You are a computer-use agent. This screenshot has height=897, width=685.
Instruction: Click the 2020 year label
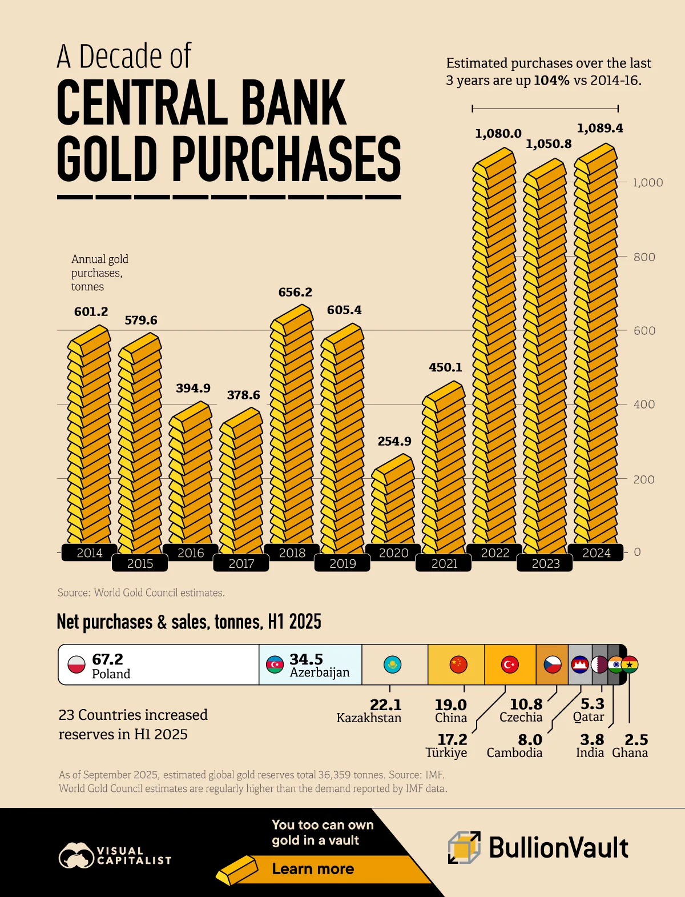click(x=393, y=552)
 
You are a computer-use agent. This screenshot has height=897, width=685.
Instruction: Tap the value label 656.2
click(x=295, y=292)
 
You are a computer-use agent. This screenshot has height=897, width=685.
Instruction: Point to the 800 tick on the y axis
click(x=644, y=257)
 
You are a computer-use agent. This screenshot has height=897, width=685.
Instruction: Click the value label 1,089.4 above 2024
click(x=599, y=128)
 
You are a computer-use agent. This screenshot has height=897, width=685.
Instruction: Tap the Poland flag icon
click(x=76, y=664)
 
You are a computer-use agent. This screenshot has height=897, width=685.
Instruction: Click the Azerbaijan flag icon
click(x=275, y=664)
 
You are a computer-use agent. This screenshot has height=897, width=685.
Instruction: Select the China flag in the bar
click(x=458, y=664)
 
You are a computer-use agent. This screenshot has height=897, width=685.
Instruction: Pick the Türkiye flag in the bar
click(x=509, y=664)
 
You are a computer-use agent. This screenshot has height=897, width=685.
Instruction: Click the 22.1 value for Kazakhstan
click(x=385, y=705)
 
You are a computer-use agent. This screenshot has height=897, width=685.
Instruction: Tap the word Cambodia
click(x=514, y=752)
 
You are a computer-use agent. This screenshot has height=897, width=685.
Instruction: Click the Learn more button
click(x=313, y=868)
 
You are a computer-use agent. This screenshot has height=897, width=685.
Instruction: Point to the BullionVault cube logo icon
click(x=464, y=847)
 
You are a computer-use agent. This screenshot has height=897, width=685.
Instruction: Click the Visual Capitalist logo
click(x=114, y=855)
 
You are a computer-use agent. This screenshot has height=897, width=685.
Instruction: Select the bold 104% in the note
click(x=551, y=81)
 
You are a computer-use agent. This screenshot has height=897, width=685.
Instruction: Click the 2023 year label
click(x=545, y=563)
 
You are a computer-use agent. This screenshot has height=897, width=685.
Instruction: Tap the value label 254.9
click(x=394, y=441)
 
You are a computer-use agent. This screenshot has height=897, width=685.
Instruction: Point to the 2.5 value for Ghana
click(x=636, y=740)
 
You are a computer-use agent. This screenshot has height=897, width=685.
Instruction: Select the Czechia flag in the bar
click(x=552, y=664)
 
